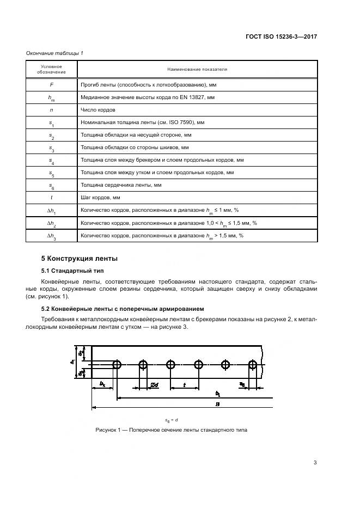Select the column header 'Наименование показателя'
(x=197, y=69)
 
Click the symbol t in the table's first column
(x=52, y=198)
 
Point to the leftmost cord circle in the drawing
(x=117, y=364)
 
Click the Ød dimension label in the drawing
(x=154, y=385)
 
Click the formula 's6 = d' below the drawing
(x=172, y=420)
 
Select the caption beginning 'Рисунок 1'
(x=172, y=430)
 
